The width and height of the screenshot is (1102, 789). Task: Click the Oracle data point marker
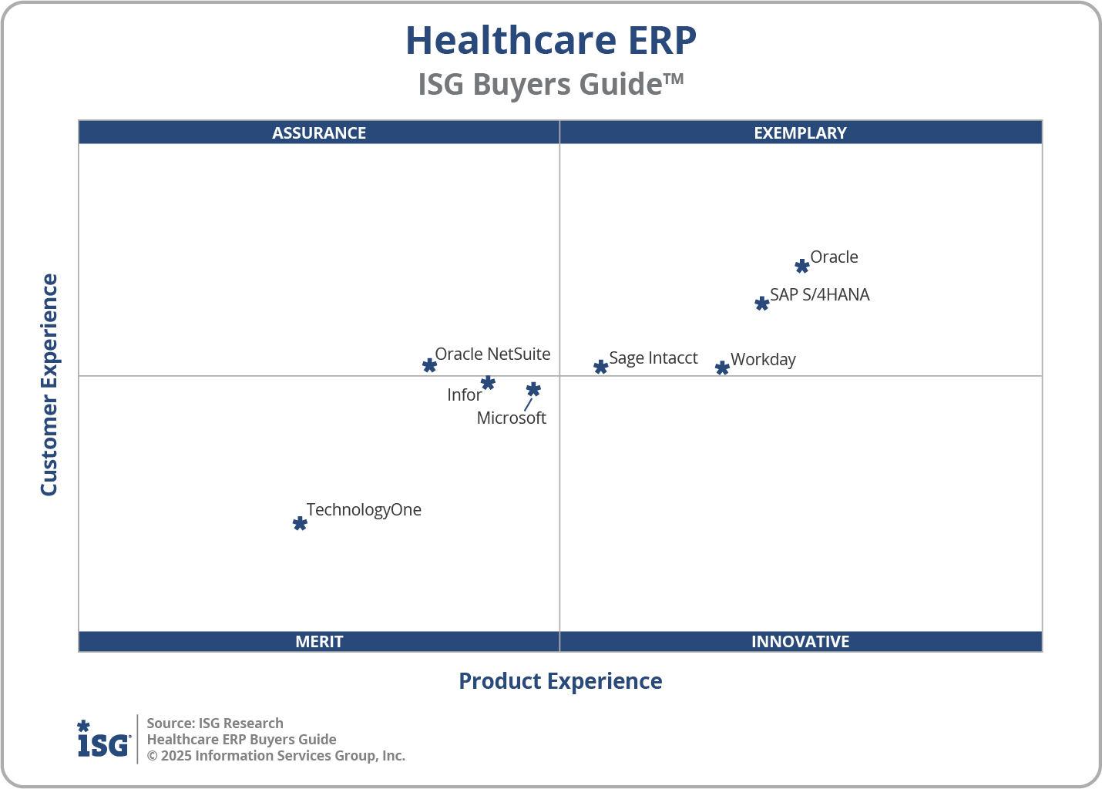pos(801,267)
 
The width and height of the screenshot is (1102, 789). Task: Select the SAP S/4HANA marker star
pos(761,304)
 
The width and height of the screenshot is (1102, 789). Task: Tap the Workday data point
pos(722,368)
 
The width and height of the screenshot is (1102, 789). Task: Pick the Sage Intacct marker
pos(600,367)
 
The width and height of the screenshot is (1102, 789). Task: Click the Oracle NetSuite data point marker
pos(429,365)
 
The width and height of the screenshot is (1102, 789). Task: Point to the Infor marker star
pos(488,383)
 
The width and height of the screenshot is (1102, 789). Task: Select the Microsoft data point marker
pos(533,390)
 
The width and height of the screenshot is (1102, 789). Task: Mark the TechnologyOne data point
pos(300,524)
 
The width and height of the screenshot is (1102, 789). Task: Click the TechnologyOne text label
pos(364,510)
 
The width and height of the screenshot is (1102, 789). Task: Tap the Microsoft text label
pos(511,418)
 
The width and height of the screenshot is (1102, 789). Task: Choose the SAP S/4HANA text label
pos(819,295)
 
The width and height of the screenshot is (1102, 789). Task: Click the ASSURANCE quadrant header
pos(319,133)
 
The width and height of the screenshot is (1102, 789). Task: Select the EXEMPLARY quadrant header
pos(800,133)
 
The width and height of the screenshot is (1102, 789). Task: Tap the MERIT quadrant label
pos(319,642)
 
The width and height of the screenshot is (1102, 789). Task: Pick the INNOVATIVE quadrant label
pos(800,642)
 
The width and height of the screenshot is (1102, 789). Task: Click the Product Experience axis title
pos(560,681)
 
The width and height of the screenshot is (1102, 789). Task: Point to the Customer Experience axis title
pos(49,385)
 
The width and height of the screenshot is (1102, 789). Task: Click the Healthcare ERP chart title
pos(551,41)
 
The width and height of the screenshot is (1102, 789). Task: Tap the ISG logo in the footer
pos(103,740)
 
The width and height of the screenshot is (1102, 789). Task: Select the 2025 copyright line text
pos(276,756)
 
